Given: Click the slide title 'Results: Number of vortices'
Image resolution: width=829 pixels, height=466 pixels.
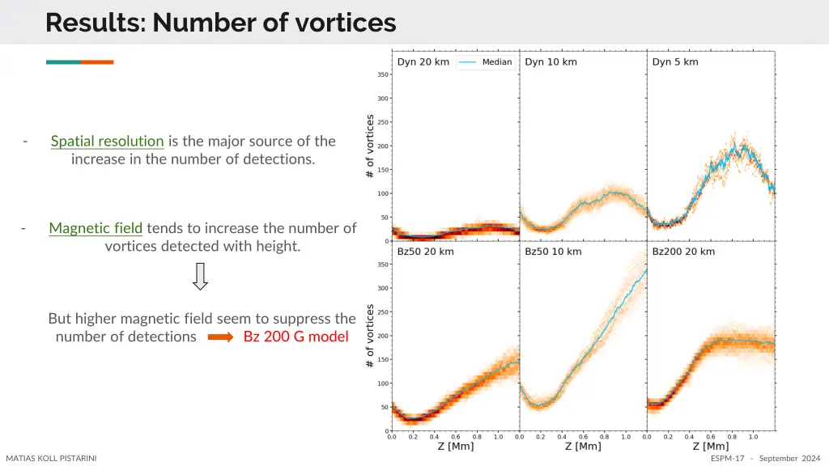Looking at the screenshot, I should point(220,22).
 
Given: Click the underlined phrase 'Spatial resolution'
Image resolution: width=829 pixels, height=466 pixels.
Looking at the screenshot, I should point(107,141).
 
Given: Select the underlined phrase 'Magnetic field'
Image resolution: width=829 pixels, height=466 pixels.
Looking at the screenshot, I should point(96,228).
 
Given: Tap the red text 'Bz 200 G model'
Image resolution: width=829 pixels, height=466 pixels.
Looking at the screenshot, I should point(295,337).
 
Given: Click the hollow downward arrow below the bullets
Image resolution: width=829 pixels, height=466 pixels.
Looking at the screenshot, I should point(200,276).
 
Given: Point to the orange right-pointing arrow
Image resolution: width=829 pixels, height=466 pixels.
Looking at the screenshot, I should point(220,337).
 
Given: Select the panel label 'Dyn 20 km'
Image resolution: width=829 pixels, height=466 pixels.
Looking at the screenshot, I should point(423,62).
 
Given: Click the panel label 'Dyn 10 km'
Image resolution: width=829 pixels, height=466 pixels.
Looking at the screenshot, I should point(551,62).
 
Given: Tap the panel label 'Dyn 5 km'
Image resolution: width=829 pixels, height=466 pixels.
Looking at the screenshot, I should point(674,62).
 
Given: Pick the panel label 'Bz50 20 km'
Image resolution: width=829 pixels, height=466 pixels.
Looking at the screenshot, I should point(425,252).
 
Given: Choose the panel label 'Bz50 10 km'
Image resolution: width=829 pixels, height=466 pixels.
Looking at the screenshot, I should point(553,252).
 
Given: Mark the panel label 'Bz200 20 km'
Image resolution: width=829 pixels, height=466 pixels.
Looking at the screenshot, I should point(683,252).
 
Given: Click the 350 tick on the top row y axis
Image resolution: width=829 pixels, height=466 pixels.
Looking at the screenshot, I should point(383,74).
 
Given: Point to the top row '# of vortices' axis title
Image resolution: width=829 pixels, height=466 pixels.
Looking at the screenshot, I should point(370,146).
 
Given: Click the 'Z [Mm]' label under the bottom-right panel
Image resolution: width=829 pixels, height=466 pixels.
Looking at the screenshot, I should point(710,446).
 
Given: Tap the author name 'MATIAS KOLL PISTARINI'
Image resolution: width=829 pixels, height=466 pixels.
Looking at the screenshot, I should point(51,459).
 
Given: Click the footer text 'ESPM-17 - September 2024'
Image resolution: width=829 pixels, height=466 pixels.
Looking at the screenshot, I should point(765,459).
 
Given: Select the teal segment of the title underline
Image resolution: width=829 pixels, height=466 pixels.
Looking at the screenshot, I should point(62,61).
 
